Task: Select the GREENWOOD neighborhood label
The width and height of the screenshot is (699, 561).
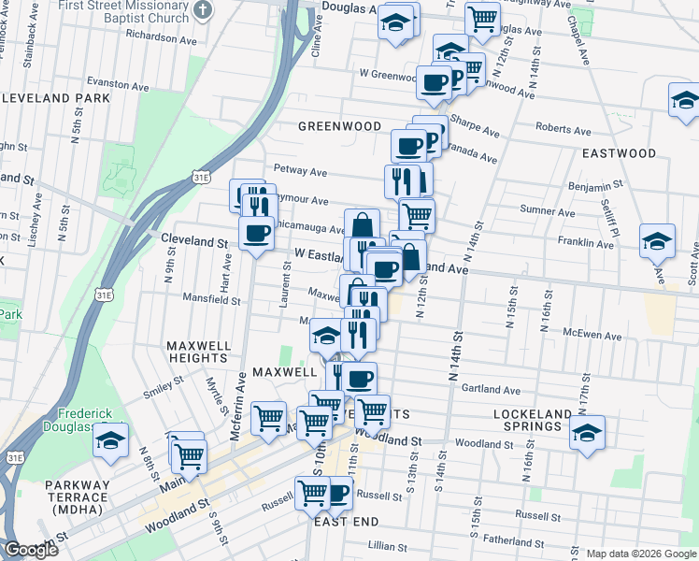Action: (339, 126)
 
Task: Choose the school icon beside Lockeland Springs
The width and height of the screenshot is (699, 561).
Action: (587, 432)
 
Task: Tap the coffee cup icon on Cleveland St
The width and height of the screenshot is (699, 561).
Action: (256, 233)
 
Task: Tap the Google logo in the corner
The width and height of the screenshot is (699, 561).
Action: (30, 550)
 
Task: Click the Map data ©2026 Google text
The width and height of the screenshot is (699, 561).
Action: (640, 554)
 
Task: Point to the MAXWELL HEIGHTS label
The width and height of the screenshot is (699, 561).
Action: (198, 352)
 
